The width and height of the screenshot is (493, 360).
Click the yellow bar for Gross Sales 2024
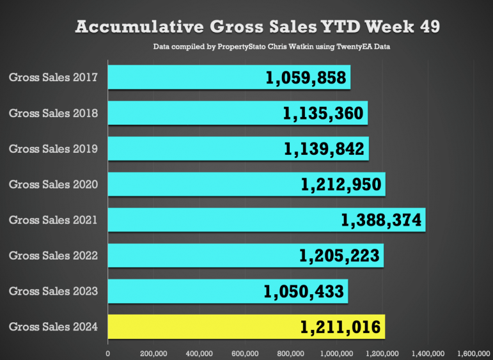[x=246, y=327]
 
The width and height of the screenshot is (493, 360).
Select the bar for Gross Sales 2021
[x=267, y=220]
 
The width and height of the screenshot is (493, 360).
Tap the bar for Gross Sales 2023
[x=228, y=291]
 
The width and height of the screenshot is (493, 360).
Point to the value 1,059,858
[x=306, y=77]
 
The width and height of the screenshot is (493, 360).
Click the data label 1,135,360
[x=323, y=113]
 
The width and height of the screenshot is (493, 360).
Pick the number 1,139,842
[x=324, y=149]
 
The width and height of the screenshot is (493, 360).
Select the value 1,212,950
[x=341, y=184]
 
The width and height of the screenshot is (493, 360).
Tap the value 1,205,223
[x=340, y=256]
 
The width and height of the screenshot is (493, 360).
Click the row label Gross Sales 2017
[x=53, y=77]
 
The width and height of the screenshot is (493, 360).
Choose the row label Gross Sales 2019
[x=53, y=149]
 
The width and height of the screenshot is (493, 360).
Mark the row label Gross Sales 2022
[x=53, y=256]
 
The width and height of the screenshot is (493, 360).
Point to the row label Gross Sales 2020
[x=53, y=184]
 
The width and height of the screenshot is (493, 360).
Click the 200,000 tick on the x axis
[x=153, y=354]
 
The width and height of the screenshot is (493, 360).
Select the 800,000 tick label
[x=291, y=354]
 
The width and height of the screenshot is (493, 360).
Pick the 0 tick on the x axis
[x=108, y=354]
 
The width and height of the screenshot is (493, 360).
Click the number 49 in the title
[x=430, y=27]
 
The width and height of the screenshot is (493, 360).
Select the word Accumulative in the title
[x=139, y=27]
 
